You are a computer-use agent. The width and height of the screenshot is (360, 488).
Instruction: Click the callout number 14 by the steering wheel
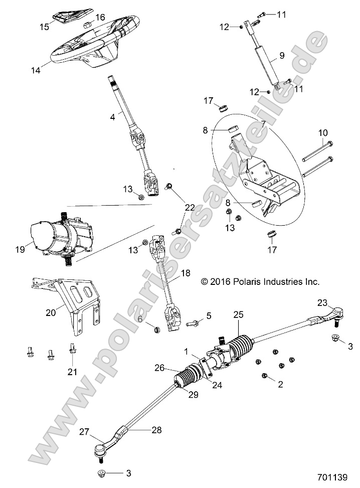click(x=35, y=71)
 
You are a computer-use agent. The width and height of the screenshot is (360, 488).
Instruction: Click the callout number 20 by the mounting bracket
click(x=51, y=312)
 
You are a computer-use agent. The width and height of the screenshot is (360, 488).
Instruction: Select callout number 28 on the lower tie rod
click(x=143, y=430)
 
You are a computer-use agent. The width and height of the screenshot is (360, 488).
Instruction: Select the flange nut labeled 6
click(x=156, y=330)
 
